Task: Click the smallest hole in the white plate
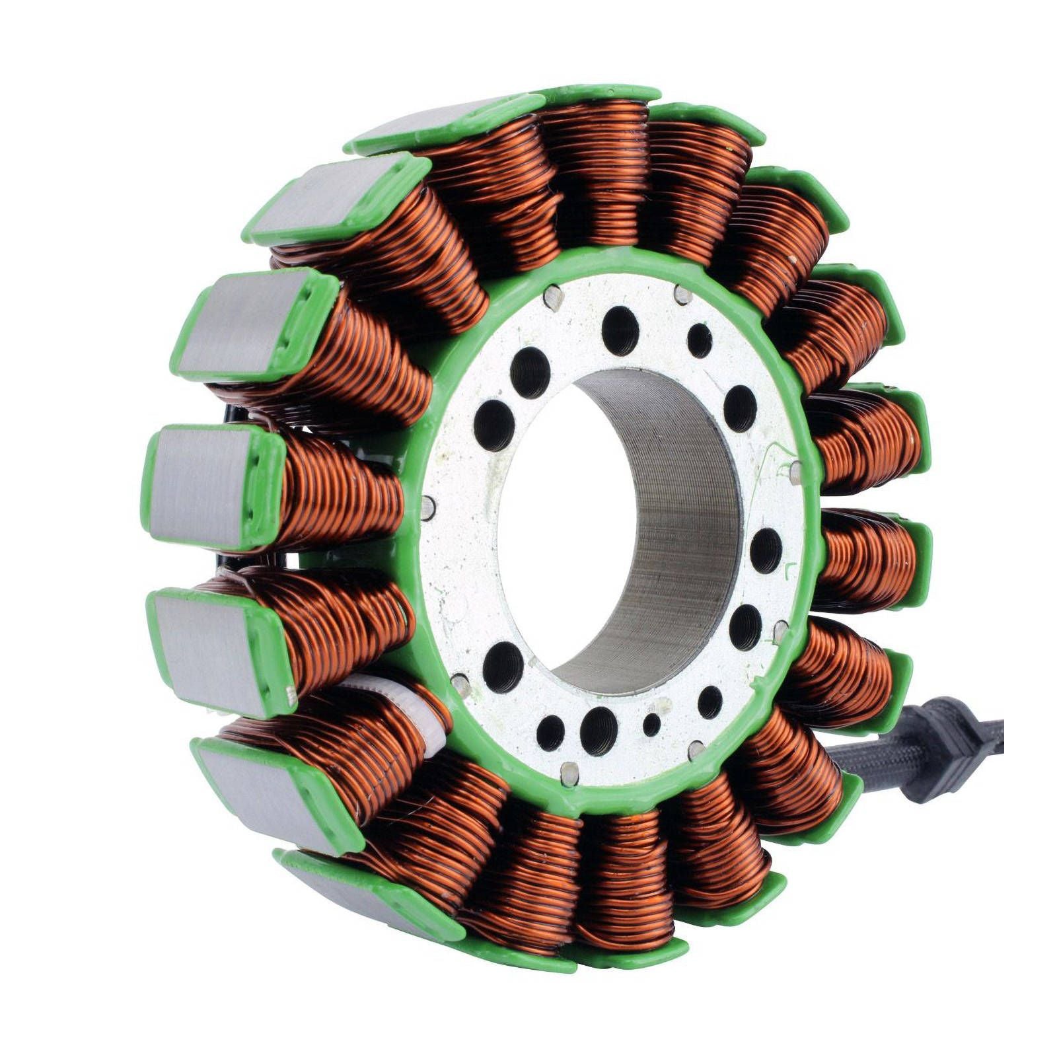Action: coord(652,725)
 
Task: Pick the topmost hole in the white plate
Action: coord(620,330)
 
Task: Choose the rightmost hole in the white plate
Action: coord(766,550)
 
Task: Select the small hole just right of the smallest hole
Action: coord(710,702)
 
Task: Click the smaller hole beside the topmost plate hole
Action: coord(699,341)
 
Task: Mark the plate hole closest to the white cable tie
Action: coord(504,665)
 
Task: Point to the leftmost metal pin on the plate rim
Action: coord(427,508)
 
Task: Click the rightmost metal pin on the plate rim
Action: coord(796,470)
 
